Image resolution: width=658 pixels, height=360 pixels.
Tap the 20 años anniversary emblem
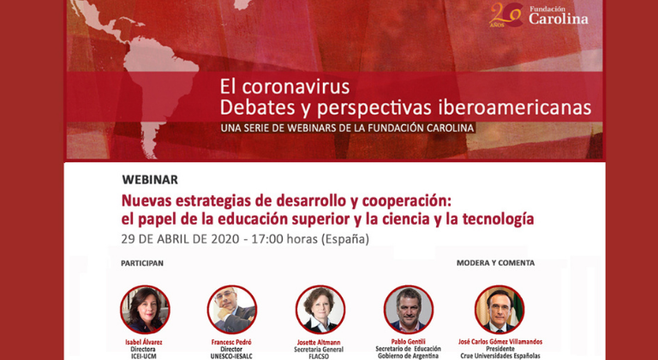pyautogui.click(x=505, y=15)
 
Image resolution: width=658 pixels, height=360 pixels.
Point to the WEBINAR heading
pyautogui.click(x=150, y=180)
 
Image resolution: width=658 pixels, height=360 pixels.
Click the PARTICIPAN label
pyautogui.click(x=142, y=263)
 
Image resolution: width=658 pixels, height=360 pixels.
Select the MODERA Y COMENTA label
pyautogui.click(x=495, y=263)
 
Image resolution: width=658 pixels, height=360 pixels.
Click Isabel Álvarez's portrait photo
pyautogui.click(x=145, y=309)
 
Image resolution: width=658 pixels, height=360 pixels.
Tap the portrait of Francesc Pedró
pyautogui.click(x=231, y=309)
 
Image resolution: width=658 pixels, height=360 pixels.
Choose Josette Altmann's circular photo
pyautogui.click(x=320, y=309)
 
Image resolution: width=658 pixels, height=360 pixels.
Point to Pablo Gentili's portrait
pyautogui.click(x=408, y=309)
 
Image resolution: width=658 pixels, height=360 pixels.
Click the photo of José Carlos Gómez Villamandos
pyautogui.click(x=499, y=309)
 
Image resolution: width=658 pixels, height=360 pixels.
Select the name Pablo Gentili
pyautogui.click(x=408, y=340)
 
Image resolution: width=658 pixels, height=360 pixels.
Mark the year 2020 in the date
pyautogui.click(x=218, y=238)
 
